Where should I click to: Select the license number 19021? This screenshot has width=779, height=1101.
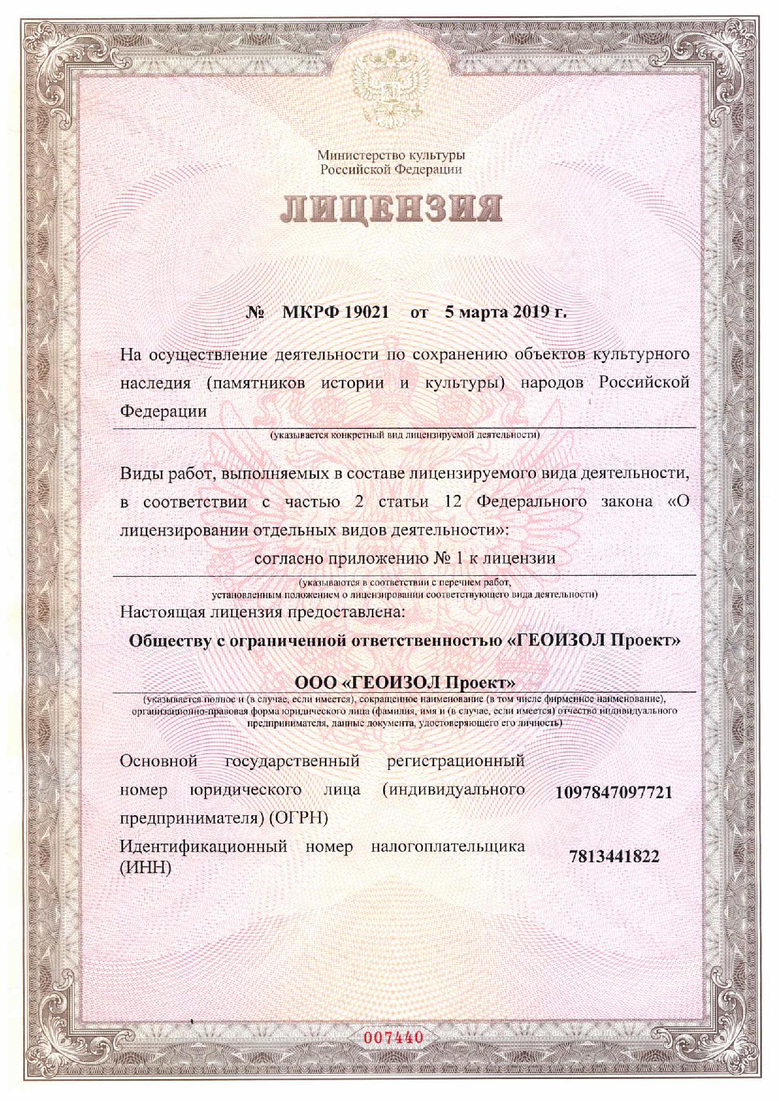point(366,312)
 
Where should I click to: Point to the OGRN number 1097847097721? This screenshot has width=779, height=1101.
point(614,792)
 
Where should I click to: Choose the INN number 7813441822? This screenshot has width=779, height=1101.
point(614,856)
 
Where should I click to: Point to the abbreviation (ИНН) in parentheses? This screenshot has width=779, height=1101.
point(145,868)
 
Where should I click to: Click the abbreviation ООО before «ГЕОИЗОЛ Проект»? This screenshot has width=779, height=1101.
point(315,681)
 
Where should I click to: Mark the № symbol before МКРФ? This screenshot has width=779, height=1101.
point(254,312)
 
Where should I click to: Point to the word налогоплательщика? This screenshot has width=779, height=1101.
point(448,846)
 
